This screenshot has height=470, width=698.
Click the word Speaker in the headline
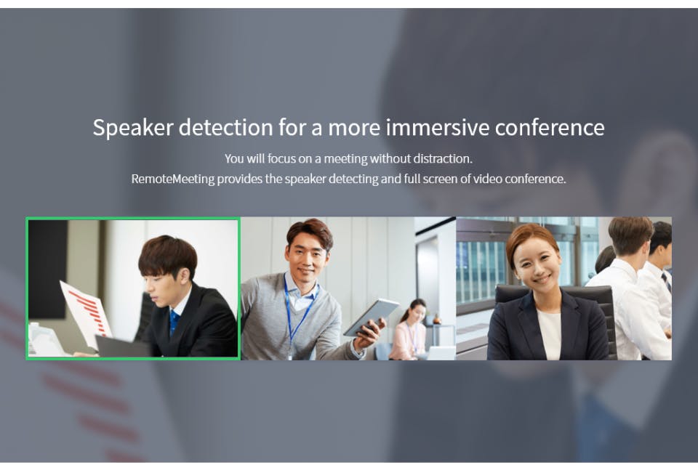click(133, 128)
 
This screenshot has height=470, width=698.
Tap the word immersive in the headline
click(438, 127)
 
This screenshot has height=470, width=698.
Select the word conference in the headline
click(550, 127)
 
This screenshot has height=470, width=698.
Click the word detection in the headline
click(225, 127)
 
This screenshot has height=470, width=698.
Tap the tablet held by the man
click(371, 316)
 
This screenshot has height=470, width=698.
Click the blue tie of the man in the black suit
click(174, 322)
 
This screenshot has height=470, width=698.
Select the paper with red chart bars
click(86, 312)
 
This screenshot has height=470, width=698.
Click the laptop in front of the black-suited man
click(121, 347)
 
